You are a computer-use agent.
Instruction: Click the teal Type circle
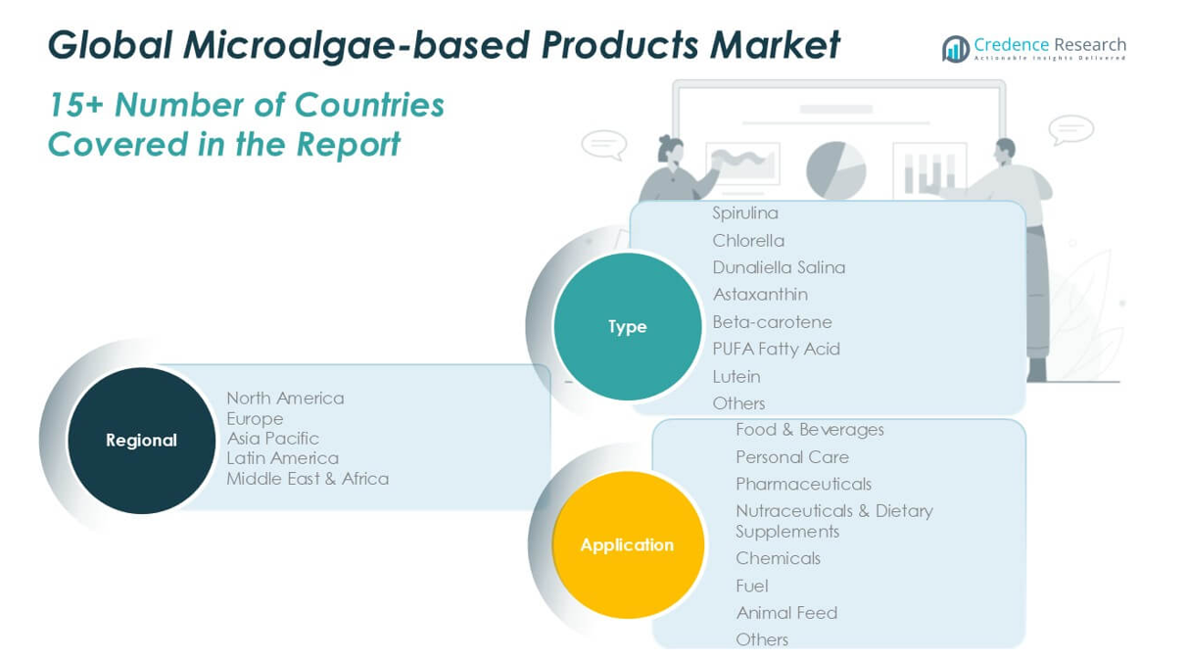click(627, 326)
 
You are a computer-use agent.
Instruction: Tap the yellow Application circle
click(627, 544)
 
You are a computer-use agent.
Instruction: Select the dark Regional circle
click(141, 440)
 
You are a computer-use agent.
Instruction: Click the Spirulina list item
click(745, 212)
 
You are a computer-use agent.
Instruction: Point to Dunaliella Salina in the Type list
click(779, 267)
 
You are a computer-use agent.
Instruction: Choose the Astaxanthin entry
click(760, 294)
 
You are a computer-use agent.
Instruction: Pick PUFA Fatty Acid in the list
click(776, 349)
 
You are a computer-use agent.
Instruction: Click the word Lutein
click(736, 376)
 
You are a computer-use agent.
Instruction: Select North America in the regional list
click(285, 398)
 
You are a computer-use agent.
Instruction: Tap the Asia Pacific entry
click(272, 438)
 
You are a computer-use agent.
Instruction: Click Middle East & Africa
click(308, 479)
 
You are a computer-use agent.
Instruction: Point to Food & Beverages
click(809, 429)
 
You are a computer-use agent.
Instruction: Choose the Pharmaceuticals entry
click(803, 484)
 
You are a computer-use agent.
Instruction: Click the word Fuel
click(752, 586)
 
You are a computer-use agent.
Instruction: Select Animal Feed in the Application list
click(786, 612)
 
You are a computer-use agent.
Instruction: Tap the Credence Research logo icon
click(955, 49)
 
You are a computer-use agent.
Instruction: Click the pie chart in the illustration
click(835, 169)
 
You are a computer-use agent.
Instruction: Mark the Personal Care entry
click(792, 456)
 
